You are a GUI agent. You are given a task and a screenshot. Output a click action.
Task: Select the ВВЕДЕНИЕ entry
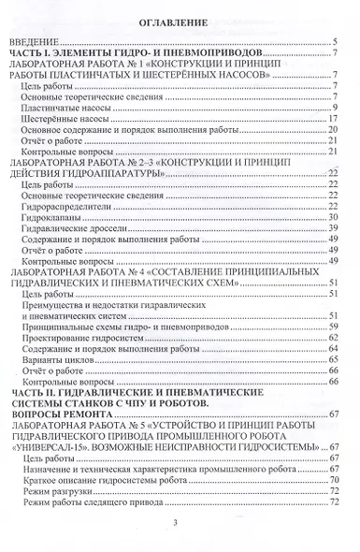click(x=36, y=42)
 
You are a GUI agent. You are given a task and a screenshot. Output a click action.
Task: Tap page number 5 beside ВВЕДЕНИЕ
click(x=334, y=42)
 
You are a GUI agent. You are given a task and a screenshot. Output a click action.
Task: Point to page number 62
click(x=332, y=338)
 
